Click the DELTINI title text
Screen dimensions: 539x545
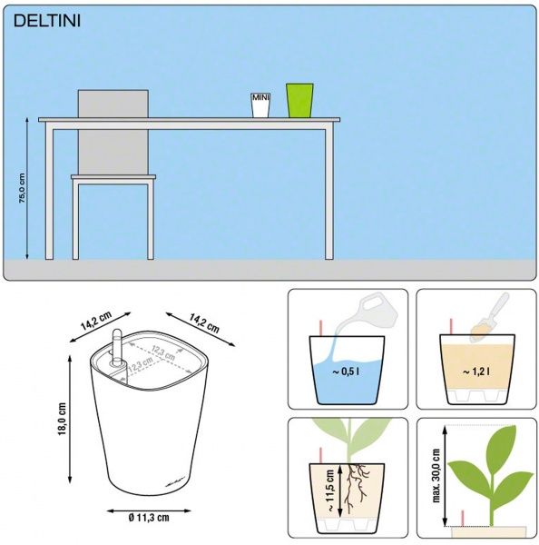[x=47, y=21]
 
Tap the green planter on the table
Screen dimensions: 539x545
[x=299, y=100]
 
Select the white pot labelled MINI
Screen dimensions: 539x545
[x=260, y=105]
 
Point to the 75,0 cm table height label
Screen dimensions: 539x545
[x=22, y=188]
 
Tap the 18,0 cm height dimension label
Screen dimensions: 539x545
[x=63, y=419]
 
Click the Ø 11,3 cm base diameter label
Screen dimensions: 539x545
[x=149, y=518]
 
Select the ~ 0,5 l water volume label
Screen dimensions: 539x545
[x=346, y=372]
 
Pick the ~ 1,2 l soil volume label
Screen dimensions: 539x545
[x=476, y=372]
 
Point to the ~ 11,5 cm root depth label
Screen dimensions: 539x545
[x=330, y=490]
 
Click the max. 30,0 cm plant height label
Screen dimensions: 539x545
[x=436, y=475]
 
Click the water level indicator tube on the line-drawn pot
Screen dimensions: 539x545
[x=118, y=348]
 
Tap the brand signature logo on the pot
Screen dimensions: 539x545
[x=174, y=482]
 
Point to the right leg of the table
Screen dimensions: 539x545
[x=329, y=194]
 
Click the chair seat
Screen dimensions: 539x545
[x=113, y=177]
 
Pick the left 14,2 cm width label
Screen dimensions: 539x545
[x=96, y=321]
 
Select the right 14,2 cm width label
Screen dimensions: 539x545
[x=204, y=322]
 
